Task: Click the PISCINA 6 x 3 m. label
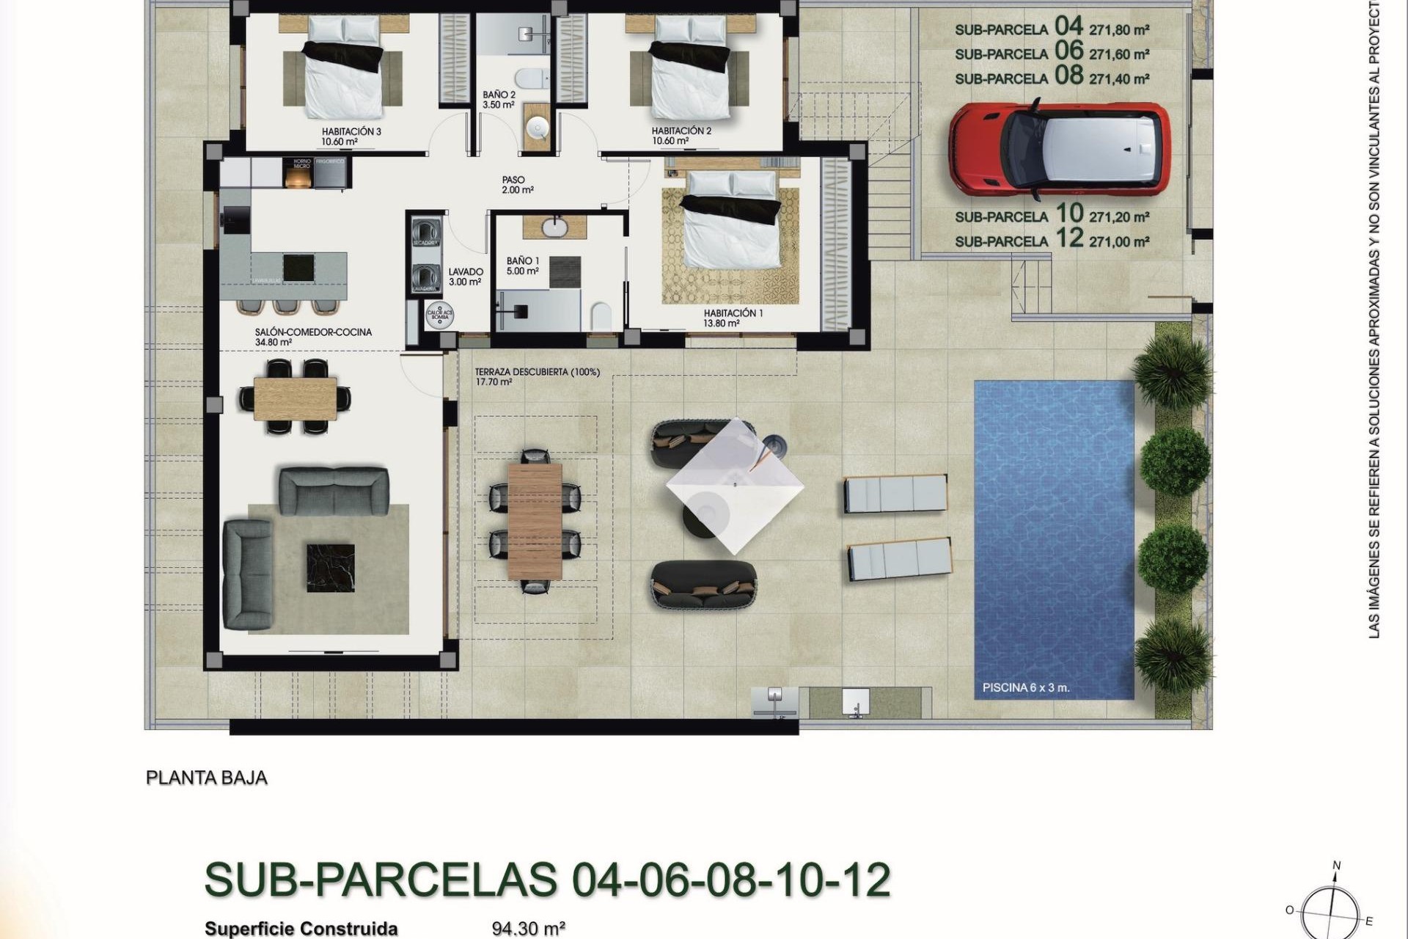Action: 1025,689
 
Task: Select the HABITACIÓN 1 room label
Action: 733,313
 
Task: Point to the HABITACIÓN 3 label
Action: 351,132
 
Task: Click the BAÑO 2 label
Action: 499,95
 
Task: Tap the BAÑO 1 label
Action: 522,261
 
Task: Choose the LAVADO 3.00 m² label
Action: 465,277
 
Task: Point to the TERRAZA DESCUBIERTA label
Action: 537,373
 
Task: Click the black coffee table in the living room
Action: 330,567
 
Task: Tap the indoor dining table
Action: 296,397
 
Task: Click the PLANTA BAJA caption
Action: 207,778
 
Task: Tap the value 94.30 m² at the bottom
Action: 528,929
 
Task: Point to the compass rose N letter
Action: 1336,866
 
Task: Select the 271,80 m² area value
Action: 1119,30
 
